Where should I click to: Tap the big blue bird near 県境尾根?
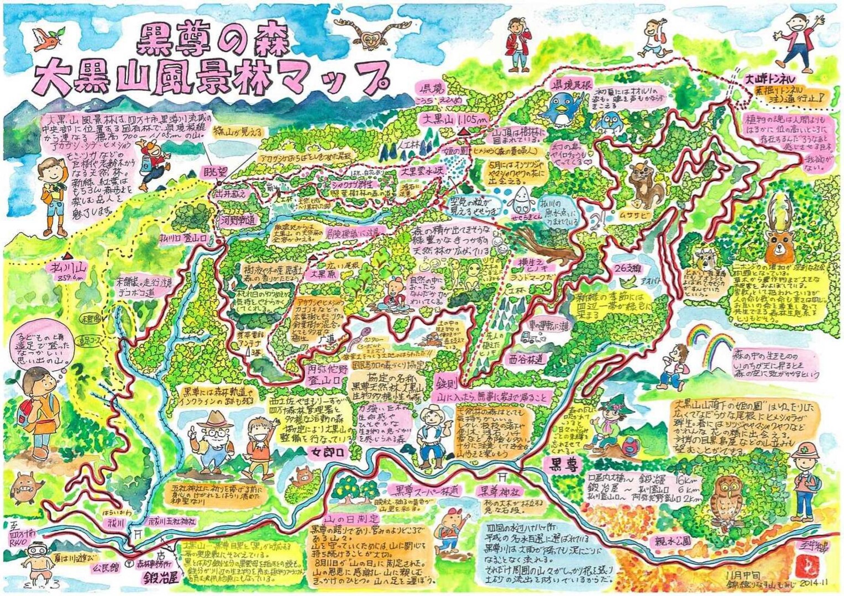pyautogui.click(x=564, y=107)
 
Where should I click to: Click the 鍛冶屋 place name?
pyautogui.click(x=160, y=578)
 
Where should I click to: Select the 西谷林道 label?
pyautogui.click(x=527, y=359)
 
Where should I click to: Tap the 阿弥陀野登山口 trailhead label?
pyautogui.click(x=327, y=374)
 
